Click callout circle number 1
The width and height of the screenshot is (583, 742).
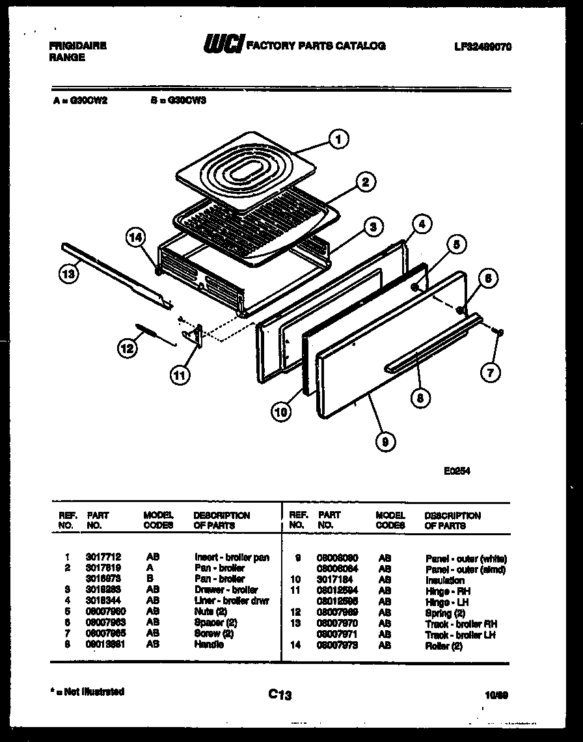338,139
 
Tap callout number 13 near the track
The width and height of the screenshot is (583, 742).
69,274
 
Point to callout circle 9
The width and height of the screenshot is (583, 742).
385,442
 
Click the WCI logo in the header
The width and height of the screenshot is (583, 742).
224,45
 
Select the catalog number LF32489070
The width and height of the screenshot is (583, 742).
483,46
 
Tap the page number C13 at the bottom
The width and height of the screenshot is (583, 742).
280,695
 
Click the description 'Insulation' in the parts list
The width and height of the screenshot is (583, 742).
444,580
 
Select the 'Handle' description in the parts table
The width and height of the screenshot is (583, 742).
208,644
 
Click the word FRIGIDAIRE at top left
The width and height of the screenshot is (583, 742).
77,46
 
